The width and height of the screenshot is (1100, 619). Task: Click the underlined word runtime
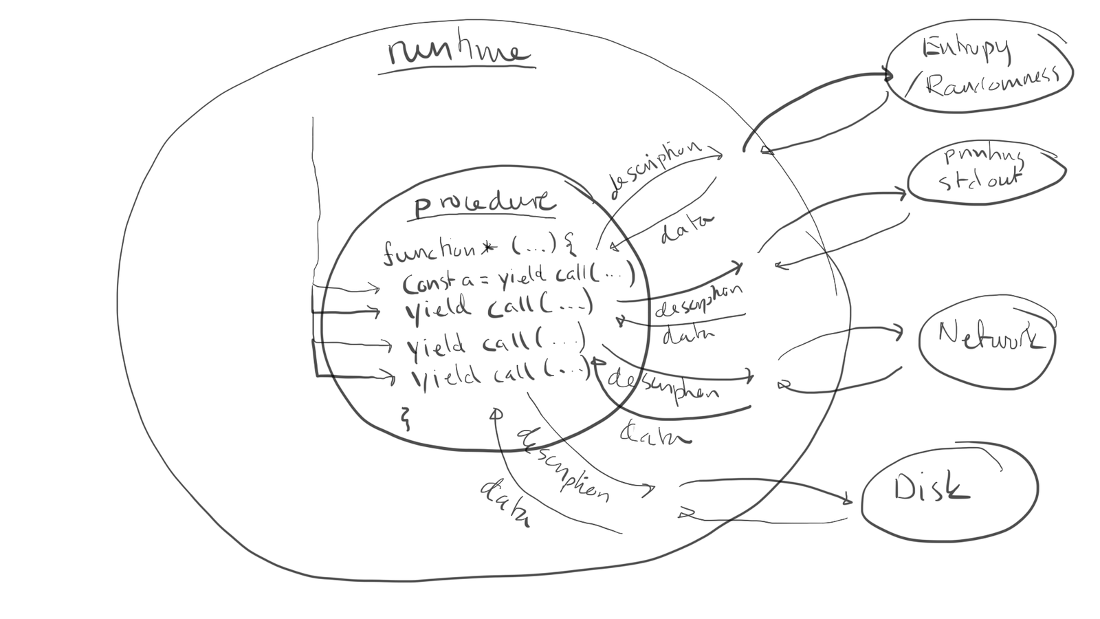click(457, 54)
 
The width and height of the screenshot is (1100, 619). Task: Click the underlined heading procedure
click(483, 204)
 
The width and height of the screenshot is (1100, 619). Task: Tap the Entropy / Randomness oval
click(980, 69)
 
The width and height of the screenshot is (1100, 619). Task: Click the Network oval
click(987, 342)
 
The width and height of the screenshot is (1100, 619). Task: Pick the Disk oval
click(949, 490)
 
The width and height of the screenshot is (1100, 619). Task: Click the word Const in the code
click(426, 282)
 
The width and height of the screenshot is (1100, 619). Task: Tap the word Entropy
click(966, 49)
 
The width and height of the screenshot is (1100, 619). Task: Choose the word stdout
click(979, 180)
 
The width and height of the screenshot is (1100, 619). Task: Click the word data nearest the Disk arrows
click(503, 504)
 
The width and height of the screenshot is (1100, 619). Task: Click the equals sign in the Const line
click(485, 280)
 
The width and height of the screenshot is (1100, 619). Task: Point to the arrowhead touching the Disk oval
click(848, 499)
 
